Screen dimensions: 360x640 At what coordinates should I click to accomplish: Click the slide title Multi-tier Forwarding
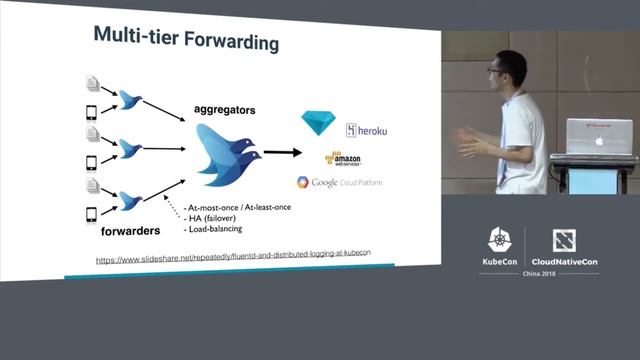click(186, 38)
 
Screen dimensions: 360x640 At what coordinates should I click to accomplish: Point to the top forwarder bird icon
click(130, 98)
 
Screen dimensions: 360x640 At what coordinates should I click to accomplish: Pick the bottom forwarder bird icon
click(130, 201)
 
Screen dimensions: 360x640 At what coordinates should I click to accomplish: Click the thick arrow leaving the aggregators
click(284, 153)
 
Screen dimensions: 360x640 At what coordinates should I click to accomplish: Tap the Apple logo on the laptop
click(600, 140)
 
